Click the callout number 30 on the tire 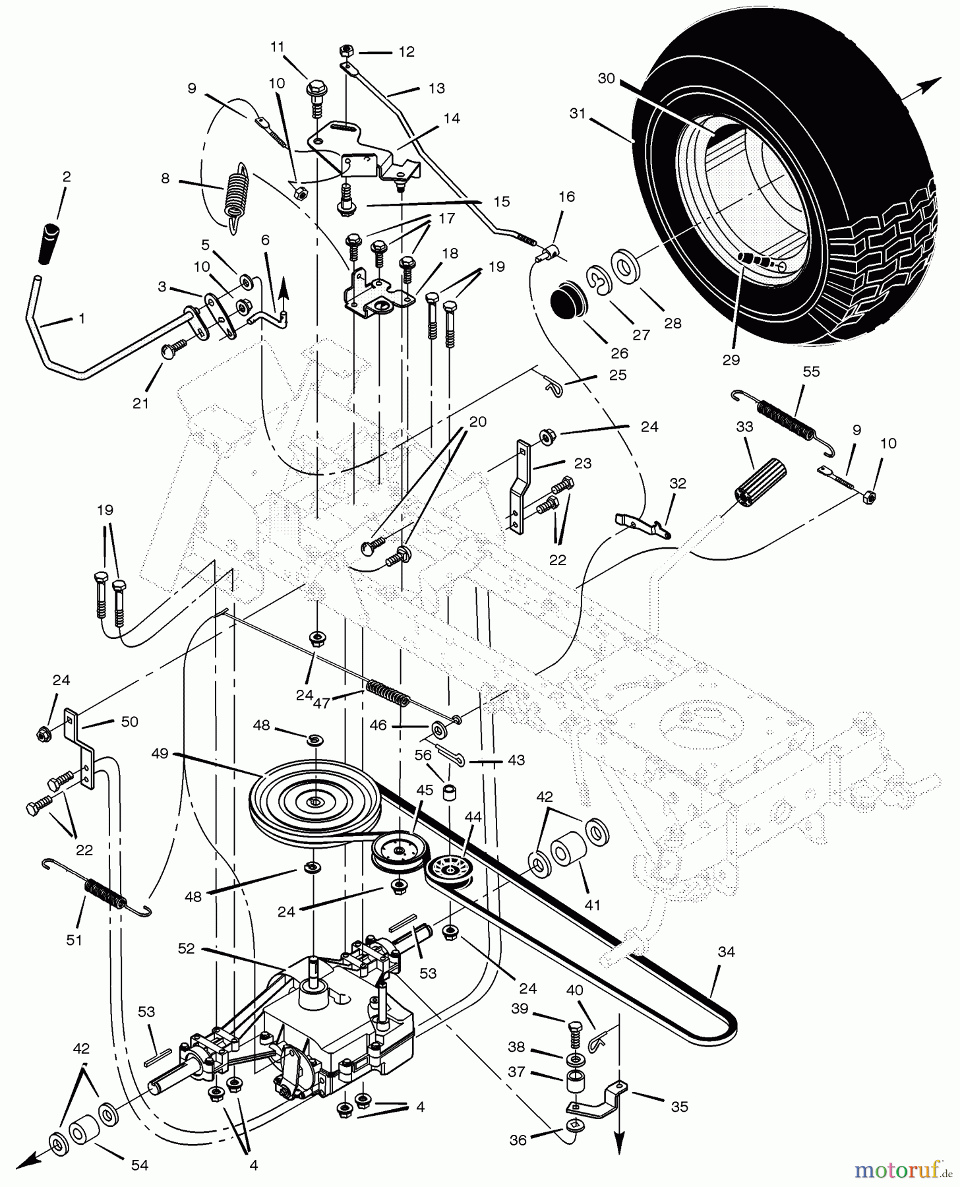coord(606,79)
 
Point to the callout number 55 coord(811,372)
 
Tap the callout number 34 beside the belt coord(727,952)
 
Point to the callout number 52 coord(187,948)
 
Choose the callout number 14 coord(452,119)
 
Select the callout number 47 coord(321,703)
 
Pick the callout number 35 coord(679,1106)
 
